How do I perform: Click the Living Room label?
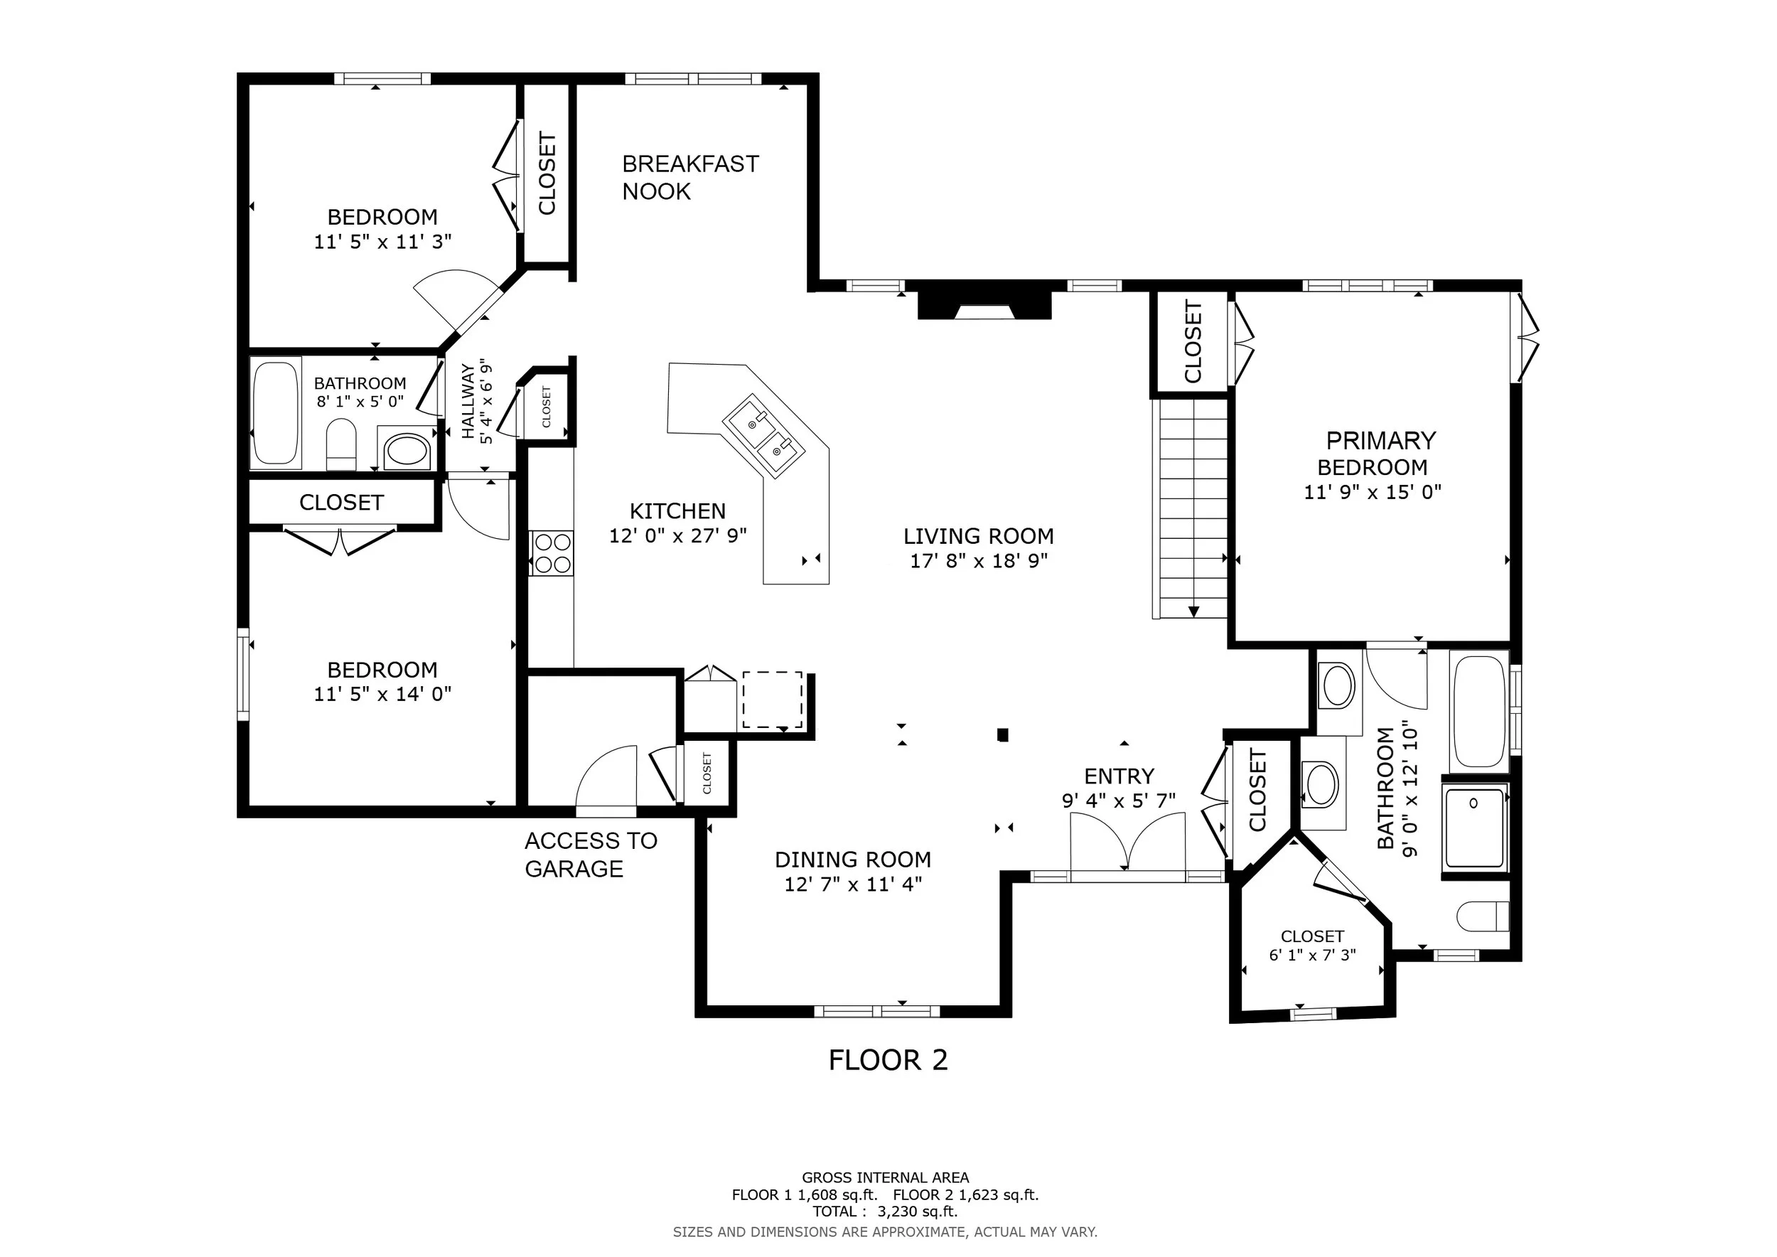pyautogui.click(x=978, y=536)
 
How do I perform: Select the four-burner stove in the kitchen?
pyautogui.click(x=551, y=553)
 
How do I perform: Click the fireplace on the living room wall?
pyautogui.click(x=984, y=305)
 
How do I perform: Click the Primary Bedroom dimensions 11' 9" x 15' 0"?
pyautogui.click(x=1373, y=492)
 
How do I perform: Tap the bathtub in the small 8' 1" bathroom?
pyautogui.click(x=276, y=412)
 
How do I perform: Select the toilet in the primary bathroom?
pyautogui.click(x=1483, y=917)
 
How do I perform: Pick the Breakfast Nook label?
pyautogui.click(x=690, y=178)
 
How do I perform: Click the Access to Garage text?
pyautogui.click(x=591, y=855)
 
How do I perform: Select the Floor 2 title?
pyautogui.click(x=888, y=1060)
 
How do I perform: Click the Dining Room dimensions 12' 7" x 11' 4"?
pyautogui.click(x=853, y=884)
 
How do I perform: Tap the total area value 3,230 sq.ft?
pyautogui.click(x=917, y=1212)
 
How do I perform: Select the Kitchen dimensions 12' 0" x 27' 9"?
pyautogui.click(x=678, y=535)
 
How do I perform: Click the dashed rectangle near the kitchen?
pyautogui.click(x=773, y=700)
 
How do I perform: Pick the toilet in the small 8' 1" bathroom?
pyautogui.click(x=340, y=444)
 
